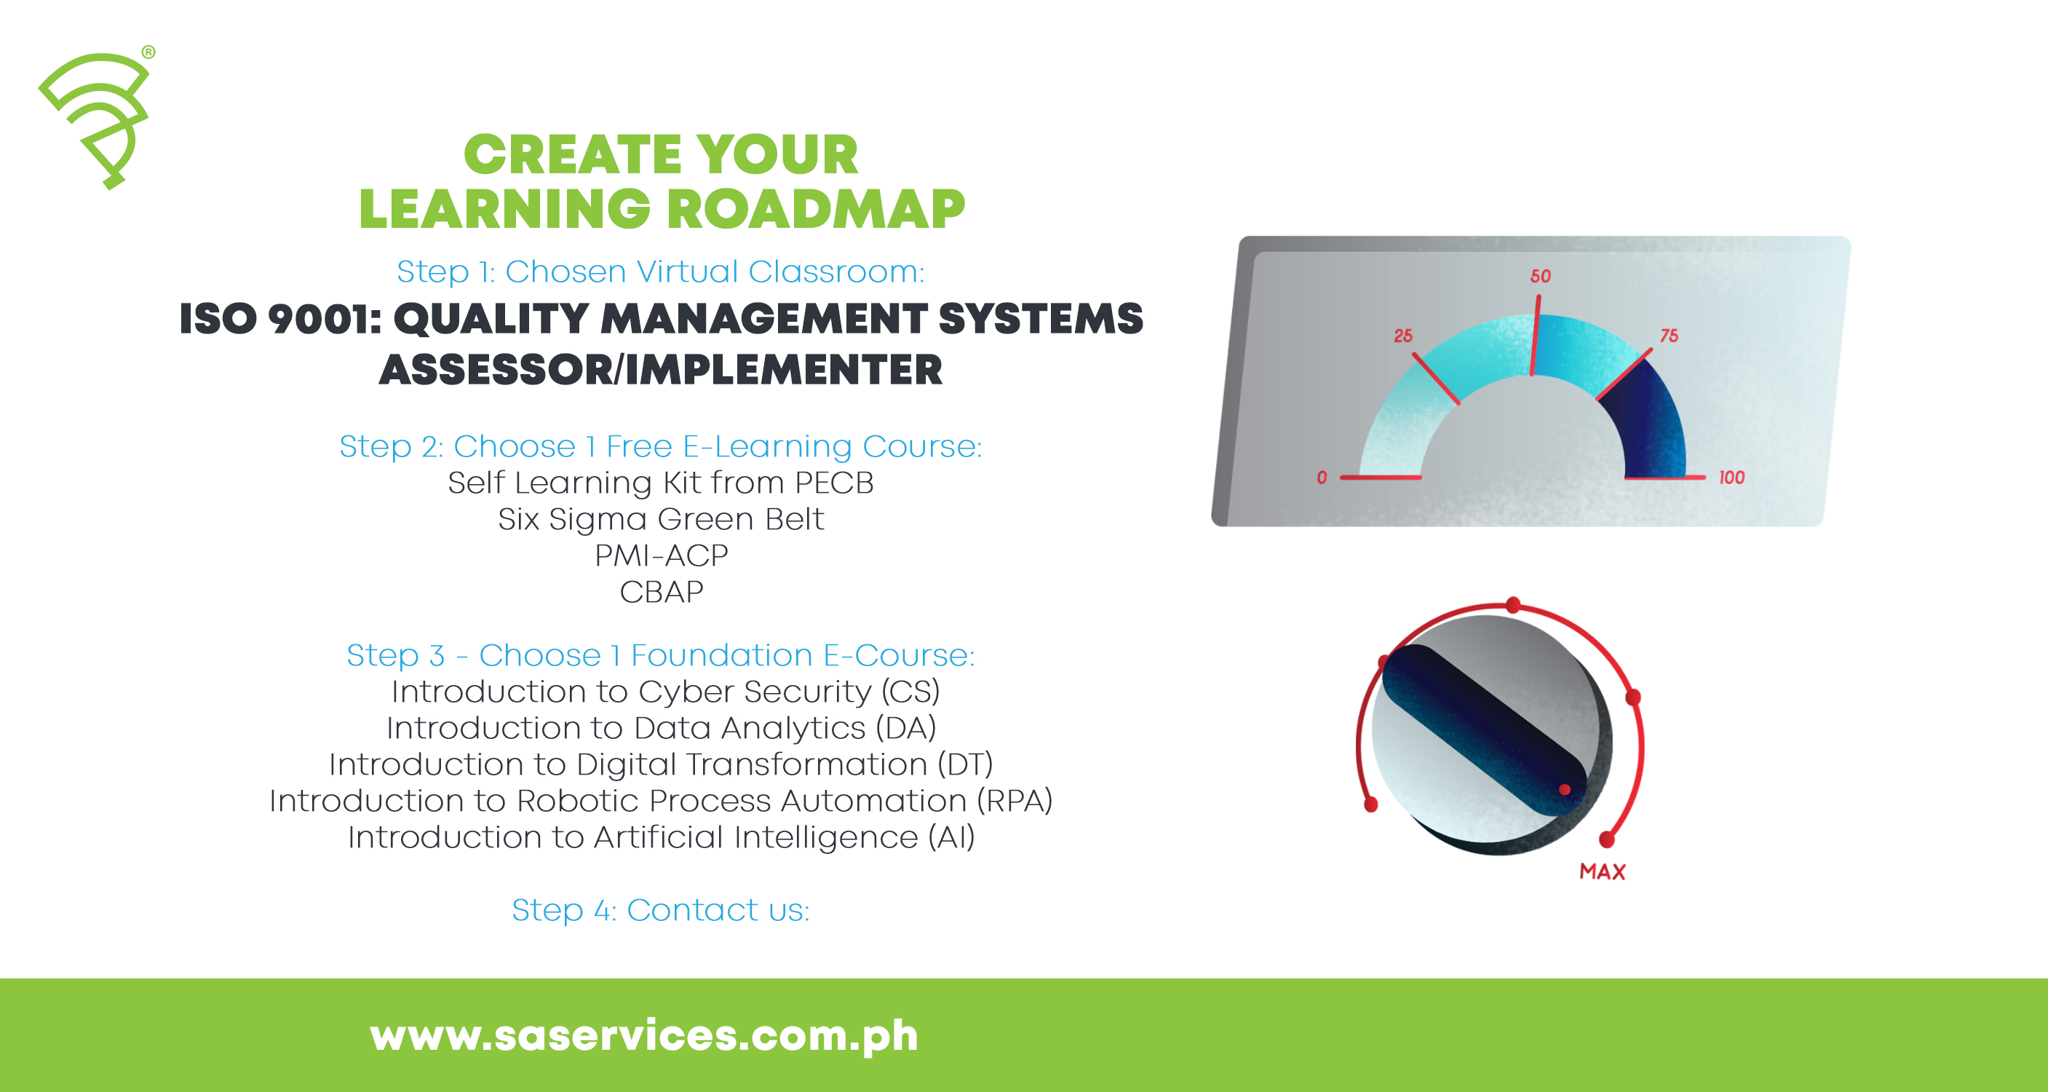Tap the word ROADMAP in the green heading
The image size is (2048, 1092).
click(816, 210)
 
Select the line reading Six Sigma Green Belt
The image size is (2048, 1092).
click(661, 519)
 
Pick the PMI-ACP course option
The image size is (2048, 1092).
click(661, 556)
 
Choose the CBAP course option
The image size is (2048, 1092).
click(661, 593)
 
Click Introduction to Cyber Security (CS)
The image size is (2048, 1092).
click(665, 692)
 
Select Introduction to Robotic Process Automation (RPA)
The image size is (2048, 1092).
click(661, 801)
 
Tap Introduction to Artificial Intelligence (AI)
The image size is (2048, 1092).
click(661, 837)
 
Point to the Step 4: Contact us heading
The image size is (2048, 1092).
click(661, 910)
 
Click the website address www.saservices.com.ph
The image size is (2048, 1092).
click(644, 1035)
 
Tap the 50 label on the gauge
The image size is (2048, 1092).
click(1540, 276)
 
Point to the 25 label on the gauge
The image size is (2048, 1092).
click(1403, 336)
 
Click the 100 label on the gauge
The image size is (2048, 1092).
click(1731, 477)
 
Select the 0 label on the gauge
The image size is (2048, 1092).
click(1322, 477)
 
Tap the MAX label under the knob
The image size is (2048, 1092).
click(1602, 871)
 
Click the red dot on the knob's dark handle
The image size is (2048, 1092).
click(1565, 790)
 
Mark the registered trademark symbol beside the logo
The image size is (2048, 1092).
click(148, 52)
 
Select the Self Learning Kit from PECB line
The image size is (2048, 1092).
click(661, 483)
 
